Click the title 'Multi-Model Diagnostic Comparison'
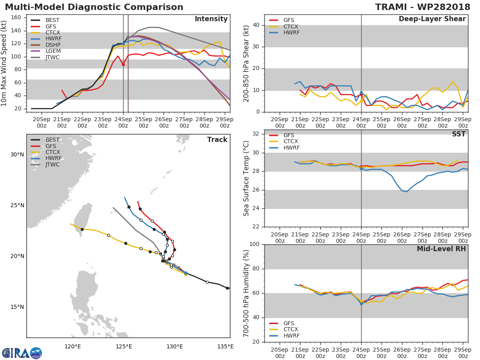(x=94, y=7)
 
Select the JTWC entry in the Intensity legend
(x=52, y=57)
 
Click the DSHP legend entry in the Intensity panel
(x=52, y=45)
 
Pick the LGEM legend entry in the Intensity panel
(x=52, y=51)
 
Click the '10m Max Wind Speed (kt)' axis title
(x=4, y=64)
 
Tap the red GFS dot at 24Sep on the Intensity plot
(x=123, y=64)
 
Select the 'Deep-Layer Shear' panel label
(x=432, y=19)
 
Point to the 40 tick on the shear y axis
(x=257, y=25)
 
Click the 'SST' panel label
(x=458, y=134)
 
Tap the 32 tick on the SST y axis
(x=257, y=134)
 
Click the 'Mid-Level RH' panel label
(x=441, y=249)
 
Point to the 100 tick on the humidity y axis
(x=255, y=244)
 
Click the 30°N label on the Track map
(x=17, y=155)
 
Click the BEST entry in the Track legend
(x=52, y=140)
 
